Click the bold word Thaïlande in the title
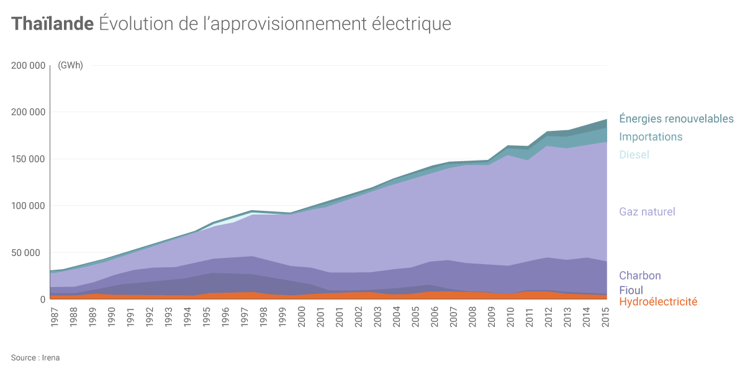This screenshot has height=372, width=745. [x=52, y=24]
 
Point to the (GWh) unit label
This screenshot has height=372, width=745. [x=70, y=66]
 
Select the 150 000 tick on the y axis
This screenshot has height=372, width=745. [x=29, y=159]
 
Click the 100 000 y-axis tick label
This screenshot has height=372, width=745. [x=29, y=206]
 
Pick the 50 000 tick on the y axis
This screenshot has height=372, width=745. [x=31, y=253]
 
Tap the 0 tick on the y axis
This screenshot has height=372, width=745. [x=43, y=299]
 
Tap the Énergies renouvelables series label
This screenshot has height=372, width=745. [x=676, y=118]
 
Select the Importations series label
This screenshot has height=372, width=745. [x=651, y=136]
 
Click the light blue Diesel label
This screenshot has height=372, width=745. [x=634, y=154]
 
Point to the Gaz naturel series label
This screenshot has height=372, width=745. [x=647, y=211]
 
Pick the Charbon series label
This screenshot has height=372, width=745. [x=639, y=275]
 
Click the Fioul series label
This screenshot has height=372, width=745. [x=631, y=290]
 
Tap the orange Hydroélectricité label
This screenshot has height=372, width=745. [x=658, y=302]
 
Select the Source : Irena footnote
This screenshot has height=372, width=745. [x=35, y=358]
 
